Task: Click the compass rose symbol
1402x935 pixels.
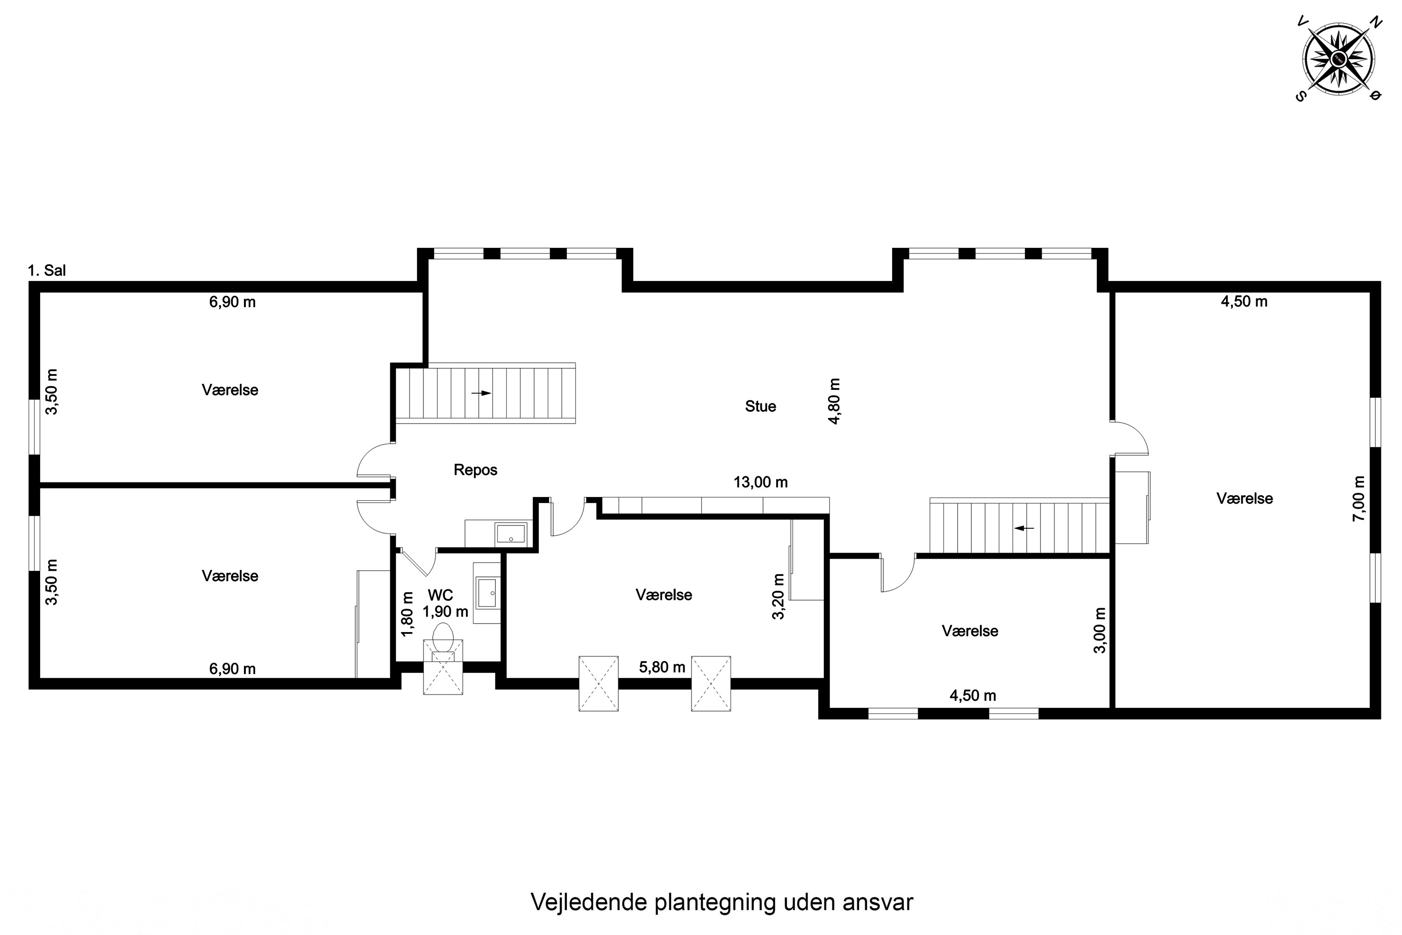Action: point(1339,58)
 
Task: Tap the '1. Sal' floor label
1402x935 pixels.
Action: point(46,270)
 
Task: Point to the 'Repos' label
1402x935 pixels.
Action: point(475,470)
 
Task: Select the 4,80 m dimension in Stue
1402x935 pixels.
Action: point(835,401)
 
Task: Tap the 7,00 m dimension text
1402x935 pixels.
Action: point(1358,498)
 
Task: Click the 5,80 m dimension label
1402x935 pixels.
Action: point(662,667)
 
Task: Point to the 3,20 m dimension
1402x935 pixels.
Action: point(779,597)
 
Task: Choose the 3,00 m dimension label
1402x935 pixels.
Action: point(1099,630)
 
